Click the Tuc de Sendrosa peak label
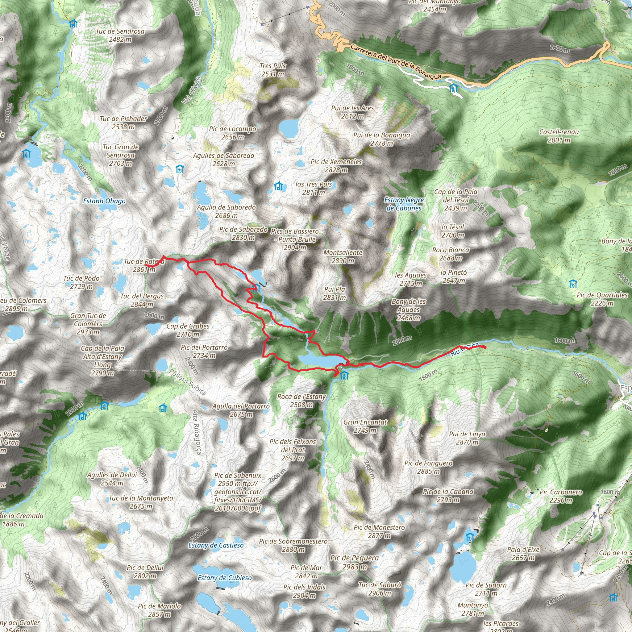120,35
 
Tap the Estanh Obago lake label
104,201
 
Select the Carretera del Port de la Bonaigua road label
396,62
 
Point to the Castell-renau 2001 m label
559,136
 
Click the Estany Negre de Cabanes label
404,204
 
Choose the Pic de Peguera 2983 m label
354,562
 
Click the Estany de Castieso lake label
216,545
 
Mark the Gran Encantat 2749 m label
365,426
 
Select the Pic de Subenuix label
238,475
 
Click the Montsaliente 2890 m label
343,256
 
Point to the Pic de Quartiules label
602,299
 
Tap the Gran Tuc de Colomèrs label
88,323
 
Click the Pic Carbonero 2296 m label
561,496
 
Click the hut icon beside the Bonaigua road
453,88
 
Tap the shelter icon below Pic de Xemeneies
278,186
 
